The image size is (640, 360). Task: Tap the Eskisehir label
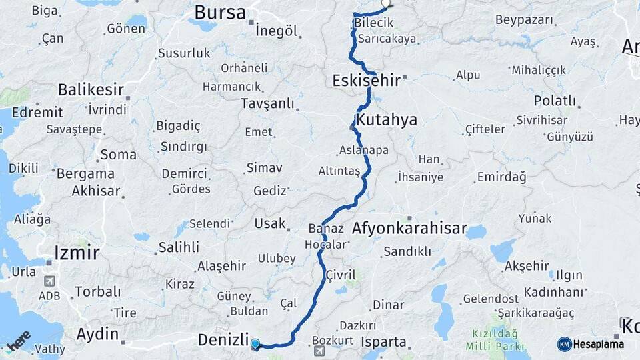(366, 81)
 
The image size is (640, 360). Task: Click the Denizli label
(223, 340)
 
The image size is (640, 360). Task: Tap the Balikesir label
(91, 89)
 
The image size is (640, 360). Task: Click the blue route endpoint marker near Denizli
(255, 344)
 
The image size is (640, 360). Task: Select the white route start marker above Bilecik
(386, 3)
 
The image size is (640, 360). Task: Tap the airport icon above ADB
(49, 281)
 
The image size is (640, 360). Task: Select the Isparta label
(383, 342)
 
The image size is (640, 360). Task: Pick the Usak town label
(270, 223)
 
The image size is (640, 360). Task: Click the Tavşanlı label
(267, 103)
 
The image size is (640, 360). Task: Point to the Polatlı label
(555, 101)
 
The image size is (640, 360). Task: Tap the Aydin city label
(97, 334)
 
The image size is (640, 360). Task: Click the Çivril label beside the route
(341, 275)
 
